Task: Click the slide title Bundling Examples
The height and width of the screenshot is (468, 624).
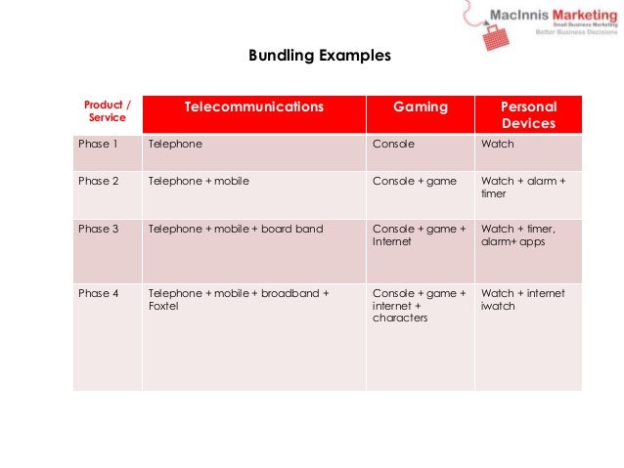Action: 320,56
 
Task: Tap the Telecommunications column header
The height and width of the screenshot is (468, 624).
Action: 253,106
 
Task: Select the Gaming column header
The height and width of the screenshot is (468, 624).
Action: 421,106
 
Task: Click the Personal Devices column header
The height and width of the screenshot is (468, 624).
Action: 528,115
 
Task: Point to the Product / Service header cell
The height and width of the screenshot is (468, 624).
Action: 108,110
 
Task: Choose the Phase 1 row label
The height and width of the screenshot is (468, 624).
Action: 98,144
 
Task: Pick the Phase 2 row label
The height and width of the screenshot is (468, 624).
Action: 98,181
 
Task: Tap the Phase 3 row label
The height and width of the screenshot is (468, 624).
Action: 98,229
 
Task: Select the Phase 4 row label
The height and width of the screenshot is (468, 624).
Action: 98,293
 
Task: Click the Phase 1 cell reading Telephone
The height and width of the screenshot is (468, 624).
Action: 175,144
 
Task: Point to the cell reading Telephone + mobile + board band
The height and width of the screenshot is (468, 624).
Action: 235,229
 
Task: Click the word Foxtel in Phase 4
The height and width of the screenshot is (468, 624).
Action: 162,306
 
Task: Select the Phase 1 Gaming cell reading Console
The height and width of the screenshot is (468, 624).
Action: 393,144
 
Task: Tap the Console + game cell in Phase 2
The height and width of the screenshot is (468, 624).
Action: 415,181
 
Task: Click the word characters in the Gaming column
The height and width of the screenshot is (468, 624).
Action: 400,318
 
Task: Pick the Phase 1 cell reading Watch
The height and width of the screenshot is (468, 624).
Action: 497,144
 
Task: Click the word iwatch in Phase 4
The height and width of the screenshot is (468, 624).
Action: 498,306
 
